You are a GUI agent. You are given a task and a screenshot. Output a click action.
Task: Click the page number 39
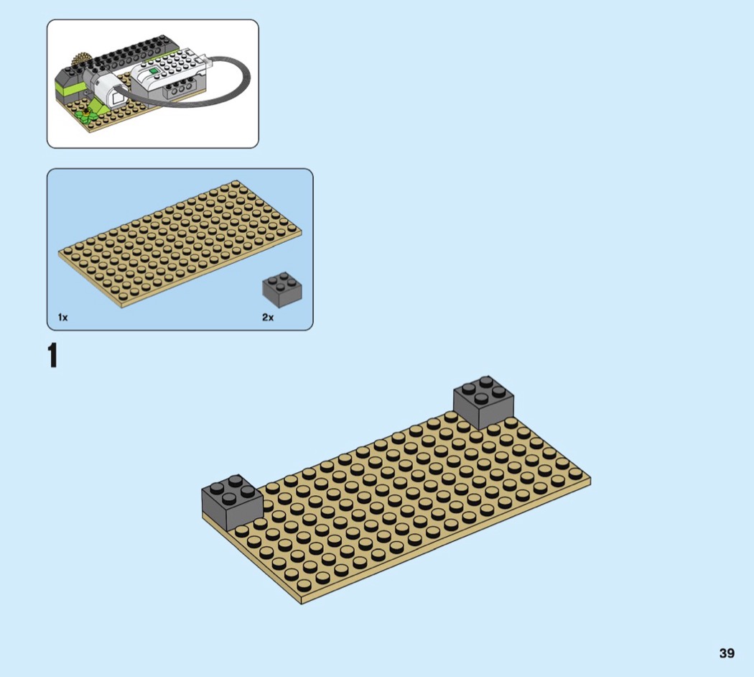tap(727, 653)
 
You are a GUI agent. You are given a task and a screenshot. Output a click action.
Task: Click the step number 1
tap(52, 356)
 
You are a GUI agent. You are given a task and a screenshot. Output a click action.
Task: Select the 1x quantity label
tap(63, 317)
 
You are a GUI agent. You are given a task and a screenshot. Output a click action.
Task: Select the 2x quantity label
tap(268, 317)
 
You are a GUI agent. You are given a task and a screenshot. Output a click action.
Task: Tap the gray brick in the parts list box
tap(281, 290)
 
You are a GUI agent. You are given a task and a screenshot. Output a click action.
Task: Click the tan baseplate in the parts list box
tap(180, 244)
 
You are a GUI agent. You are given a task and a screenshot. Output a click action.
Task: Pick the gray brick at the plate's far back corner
tap(484, 402)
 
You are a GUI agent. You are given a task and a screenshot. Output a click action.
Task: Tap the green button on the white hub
tap(154, 72)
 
